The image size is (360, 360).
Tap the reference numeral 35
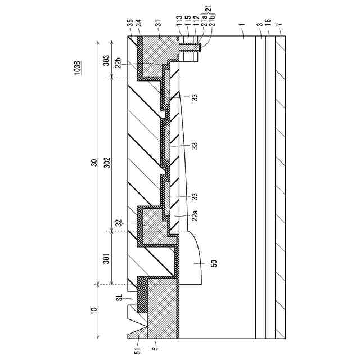[x=130, y=26]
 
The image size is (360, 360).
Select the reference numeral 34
[x=139, y=26]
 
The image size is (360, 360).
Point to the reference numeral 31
[x=159, y=26]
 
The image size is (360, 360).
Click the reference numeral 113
[x=178, y=26]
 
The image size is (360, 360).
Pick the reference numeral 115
[x=186, y=26]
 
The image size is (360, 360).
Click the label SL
[x=118, y=298]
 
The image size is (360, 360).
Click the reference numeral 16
[x=268, y=26]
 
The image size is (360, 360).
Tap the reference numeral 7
[x=280, y=26]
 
